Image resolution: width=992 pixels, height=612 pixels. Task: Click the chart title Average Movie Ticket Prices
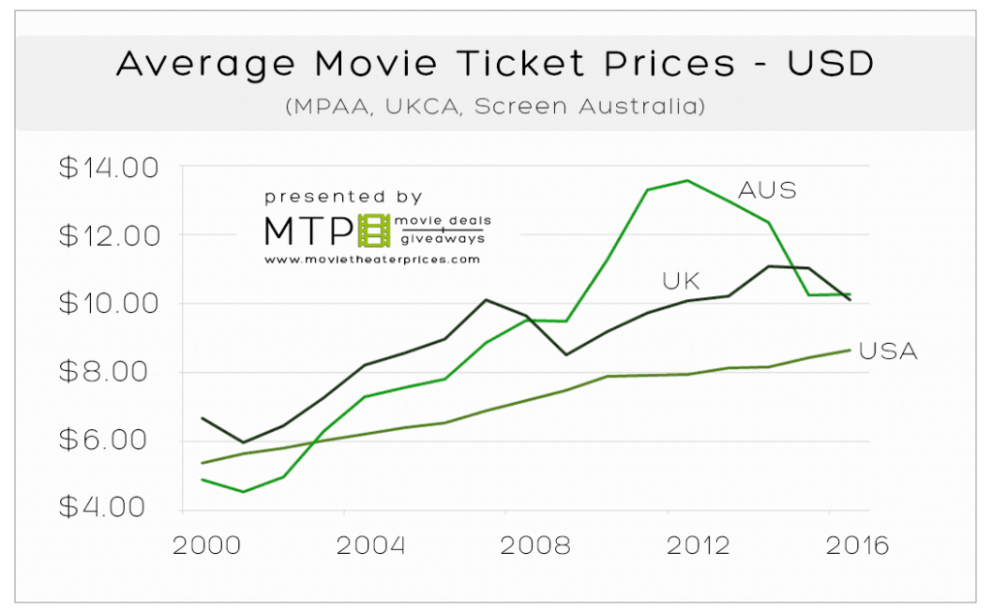click(495, 65)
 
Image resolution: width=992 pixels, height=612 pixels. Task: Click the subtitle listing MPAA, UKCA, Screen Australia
click(495, 107)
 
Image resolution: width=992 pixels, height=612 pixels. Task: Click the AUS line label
click(767, 191)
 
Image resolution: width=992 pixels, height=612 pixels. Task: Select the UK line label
click(680, 282)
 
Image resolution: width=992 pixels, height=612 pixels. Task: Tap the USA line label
click(887, 352)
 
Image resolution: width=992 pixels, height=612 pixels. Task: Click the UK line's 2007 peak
click(486, 300)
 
